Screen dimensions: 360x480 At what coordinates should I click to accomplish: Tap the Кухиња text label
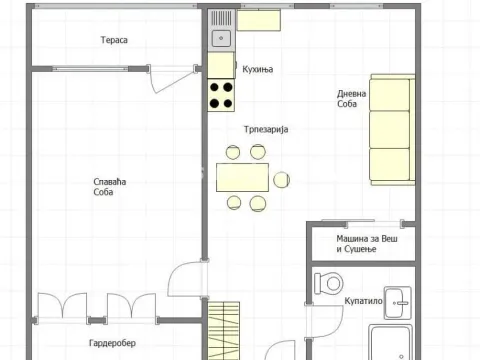pos(258,69)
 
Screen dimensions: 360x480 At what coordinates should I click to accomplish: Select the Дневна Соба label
pos(351,100)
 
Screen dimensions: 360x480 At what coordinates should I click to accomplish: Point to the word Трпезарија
pos(266,129)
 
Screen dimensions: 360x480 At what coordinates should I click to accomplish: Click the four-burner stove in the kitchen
pos(221,94)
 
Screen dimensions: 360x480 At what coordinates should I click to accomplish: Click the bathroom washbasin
pos(399,296)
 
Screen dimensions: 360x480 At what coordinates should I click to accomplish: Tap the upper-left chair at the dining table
pos(232,152)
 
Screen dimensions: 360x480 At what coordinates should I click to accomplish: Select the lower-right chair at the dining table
pos(259,203)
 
